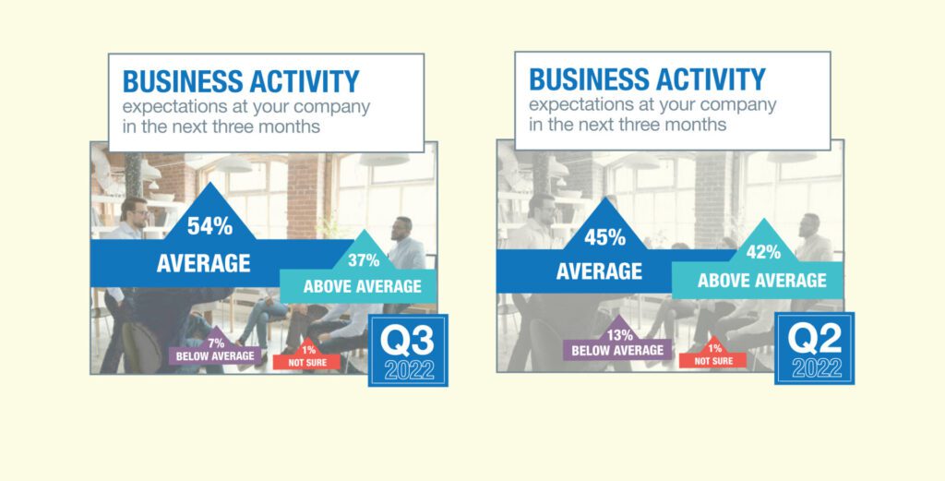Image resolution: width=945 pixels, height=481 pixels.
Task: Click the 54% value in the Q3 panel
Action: pos(209,226)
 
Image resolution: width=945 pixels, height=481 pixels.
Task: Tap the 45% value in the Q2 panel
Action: pos(604,237)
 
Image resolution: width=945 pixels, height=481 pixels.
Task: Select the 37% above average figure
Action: pos(364,260)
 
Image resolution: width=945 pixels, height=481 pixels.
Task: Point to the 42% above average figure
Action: pos(763,252)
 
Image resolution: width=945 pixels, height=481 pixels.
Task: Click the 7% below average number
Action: pos(216,343)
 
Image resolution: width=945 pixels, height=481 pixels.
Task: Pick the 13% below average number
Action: pos(618,336)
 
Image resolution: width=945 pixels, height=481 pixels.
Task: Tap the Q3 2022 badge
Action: pos(408,351)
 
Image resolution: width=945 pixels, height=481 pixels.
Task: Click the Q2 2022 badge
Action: pos(814,348)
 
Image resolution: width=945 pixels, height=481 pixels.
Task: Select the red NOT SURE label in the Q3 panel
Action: pos(307,363)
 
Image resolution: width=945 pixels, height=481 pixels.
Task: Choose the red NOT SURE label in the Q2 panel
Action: pos(713,361)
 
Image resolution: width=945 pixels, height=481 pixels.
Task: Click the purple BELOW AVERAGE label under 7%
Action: pos(215,356)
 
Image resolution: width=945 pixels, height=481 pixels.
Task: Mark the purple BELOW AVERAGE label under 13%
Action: pos(617,350)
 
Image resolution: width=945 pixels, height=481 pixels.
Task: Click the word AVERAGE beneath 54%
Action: pos(204,263)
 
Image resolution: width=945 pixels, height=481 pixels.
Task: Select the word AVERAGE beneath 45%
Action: pos(599,271)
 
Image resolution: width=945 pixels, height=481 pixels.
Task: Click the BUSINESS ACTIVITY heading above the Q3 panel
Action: pos(241,81)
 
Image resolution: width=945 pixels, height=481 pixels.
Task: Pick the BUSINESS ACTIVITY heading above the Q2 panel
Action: pos(647,79)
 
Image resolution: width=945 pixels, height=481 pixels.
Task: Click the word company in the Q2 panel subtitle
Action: pos(738,106)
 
